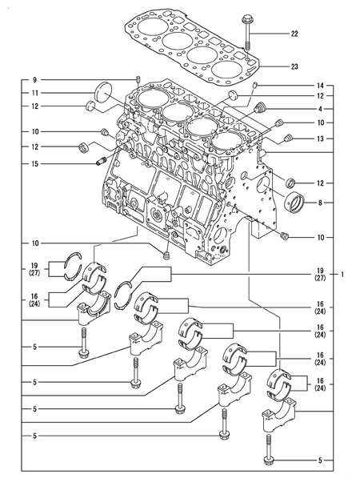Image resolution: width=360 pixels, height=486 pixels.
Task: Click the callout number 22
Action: click(294, 34)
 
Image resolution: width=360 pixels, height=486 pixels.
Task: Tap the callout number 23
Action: click(294, 67)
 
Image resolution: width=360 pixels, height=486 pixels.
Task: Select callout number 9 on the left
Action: click(34, 80)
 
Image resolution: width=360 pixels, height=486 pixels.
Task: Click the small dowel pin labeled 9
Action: click(138, 78)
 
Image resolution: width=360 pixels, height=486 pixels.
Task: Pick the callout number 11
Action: click(34, 94)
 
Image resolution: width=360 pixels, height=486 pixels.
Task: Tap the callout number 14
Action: click(319, 85)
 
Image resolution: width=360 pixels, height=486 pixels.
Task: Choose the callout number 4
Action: click(319, 109)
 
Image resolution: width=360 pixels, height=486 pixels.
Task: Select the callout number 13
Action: click(319, 138)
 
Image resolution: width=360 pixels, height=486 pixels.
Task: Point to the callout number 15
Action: click(34, 163)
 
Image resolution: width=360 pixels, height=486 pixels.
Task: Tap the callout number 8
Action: click(319, 203)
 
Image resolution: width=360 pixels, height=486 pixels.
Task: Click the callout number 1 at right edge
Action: click(342, 275)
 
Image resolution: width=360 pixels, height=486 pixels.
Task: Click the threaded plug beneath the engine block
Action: click(167, 255)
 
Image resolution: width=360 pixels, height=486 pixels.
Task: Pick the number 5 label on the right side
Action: click(319, 460)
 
